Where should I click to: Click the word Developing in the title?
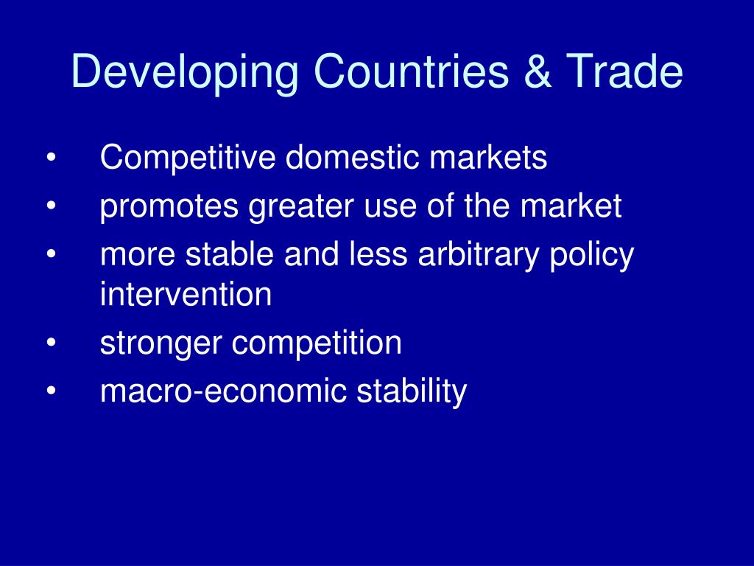coord(186,74)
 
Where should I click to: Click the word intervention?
coord(186,296)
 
